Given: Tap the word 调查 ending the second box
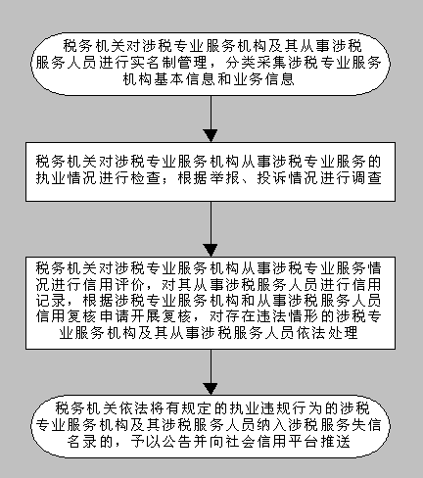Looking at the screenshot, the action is coord(366,178).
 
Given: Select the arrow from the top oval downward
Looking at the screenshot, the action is coord(211,119).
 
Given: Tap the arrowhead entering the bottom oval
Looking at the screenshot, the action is coord(211,389).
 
